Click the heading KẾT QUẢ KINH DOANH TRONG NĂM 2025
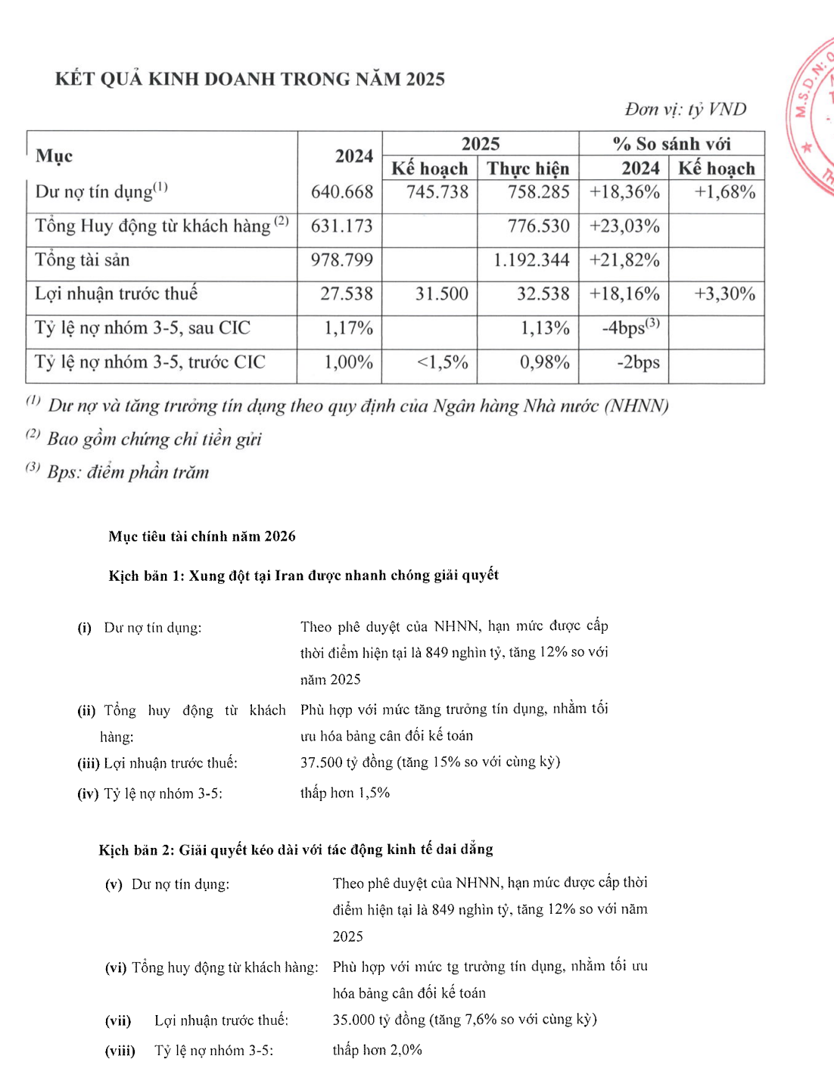point(250,79)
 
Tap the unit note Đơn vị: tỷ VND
point(685,110)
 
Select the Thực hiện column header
point(527,168)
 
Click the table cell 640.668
point(342,192)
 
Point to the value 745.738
point(437,192)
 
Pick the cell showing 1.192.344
point(531,260)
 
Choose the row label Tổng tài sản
point(82,260)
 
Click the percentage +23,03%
point(624,226)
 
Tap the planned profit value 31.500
point(441,293)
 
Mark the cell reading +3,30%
point(724,293)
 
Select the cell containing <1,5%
point(443,362)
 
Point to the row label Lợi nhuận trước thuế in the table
point(117,293)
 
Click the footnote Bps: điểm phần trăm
point(127,473)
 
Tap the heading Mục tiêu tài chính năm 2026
point(202,536)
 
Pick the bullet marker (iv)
point(88,793)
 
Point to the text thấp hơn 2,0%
point(377,1050)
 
